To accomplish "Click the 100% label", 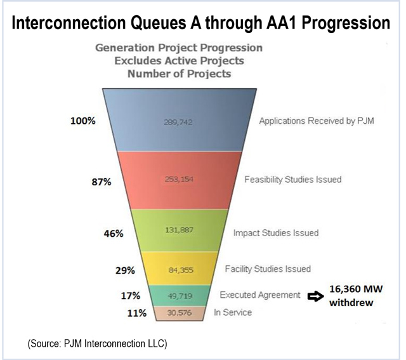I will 83,121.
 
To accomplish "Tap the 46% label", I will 114,233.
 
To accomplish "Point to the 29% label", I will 125,270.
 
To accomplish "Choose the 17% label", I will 132,295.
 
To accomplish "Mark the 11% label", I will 136,313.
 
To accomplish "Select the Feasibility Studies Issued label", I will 293,180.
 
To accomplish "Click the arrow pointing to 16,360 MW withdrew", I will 315,295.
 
